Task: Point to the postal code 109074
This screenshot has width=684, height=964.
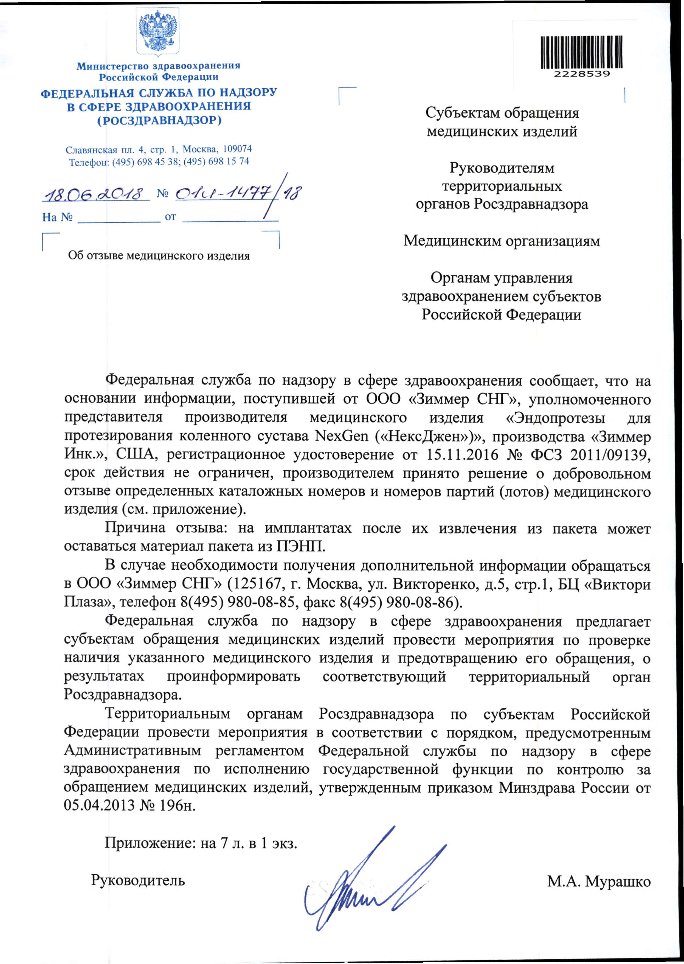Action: [x=237, y=149]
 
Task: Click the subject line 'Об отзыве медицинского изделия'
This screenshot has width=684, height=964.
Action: [x=159, y=256]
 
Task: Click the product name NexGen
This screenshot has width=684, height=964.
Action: [x=342, y=436]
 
